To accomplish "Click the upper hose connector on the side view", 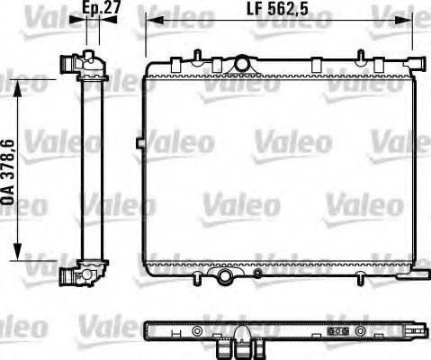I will (69, 64).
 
